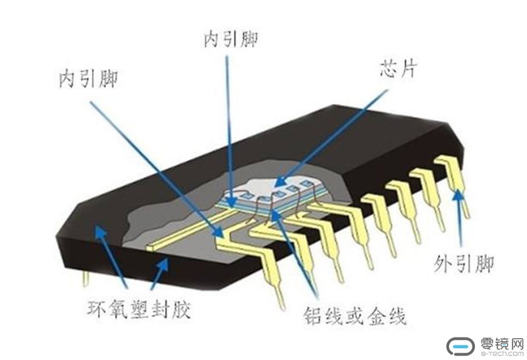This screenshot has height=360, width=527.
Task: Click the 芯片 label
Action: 399,69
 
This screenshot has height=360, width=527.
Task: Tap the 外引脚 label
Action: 464,264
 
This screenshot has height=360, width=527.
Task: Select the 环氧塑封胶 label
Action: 139,309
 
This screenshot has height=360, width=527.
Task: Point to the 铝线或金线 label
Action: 355,316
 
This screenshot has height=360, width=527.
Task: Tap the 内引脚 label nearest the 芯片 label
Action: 231,39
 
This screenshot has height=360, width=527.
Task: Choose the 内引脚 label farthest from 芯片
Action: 88,79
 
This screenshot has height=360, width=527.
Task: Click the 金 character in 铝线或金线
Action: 375,316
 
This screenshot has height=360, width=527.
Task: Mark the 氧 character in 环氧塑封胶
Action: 119,309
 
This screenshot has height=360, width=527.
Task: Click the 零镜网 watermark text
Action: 502,344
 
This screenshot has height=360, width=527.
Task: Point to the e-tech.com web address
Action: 502,353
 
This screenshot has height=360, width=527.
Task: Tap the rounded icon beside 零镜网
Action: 460,346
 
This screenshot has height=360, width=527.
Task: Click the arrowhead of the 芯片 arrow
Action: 280,181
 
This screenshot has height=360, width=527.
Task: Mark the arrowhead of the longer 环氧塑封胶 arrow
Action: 99,232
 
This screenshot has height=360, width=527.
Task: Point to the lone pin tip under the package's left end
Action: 86,279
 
